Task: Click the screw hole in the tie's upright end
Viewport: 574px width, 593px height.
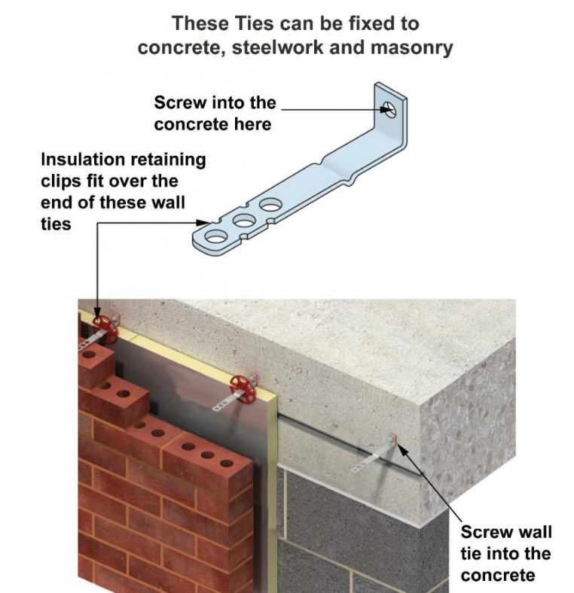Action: coord(386,110)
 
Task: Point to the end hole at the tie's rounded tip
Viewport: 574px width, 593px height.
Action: coord(215,238)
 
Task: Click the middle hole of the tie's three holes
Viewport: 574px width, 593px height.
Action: coord(243,221)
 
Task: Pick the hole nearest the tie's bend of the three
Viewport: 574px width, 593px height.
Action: coord(270,205)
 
